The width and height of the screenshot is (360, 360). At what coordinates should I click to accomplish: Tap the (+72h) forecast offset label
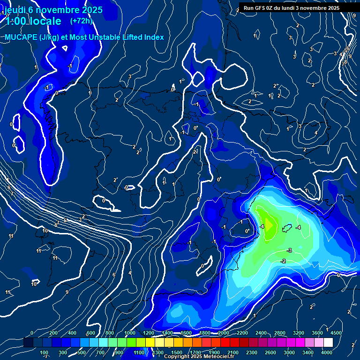click(x=81, y=21)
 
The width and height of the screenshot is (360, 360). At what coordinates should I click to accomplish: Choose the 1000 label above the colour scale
click(x=130, y=333)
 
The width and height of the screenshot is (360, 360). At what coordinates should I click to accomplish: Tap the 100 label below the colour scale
click(x=44, y=352)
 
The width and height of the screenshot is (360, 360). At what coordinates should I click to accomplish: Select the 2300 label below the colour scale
click(x=252, y=352)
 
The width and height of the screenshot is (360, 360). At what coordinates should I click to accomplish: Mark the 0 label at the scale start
click(x=32, y=333)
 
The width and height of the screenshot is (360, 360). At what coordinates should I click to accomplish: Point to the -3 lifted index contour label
click(x=289, y=251)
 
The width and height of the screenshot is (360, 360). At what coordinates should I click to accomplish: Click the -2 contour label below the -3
click(x=283, y=261)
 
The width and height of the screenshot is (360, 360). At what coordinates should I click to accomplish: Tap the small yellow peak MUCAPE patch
click(x=268, y=224)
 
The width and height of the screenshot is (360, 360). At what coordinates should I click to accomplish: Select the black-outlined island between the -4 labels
click(x=287, y=228)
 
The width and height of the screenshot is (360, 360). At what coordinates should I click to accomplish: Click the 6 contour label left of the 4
click(x=114, y=275)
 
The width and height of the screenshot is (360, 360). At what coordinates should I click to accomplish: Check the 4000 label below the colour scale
click(x=327, y=352)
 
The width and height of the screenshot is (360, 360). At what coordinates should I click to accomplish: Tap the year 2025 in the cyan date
click(x=89, y=9)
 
